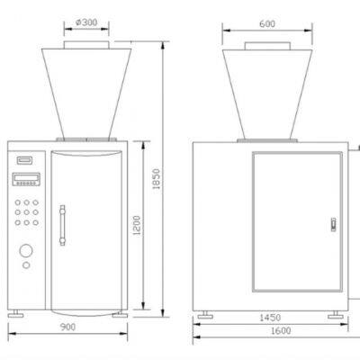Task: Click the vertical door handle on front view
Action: [x=62, y=225]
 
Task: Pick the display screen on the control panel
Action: [x=26, y=176]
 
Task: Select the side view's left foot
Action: [x=204, y=315]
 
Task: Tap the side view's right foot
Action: [x=335, y=314]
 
